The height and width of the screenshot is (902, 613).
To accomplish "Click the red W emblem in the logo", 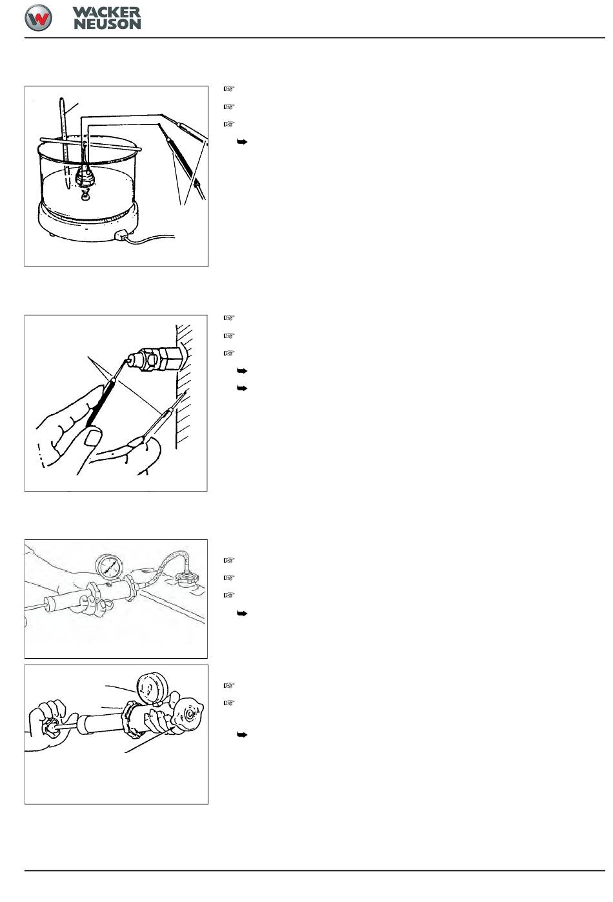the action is [38, 18].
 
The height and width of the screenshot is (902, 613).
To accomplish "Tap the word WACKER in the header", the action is [106, 12].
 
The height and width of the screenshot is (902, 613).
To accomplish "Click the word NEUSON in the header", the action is [107, 24].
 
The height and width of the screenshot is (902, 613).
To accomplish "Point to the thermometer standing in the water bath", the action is [65, 143].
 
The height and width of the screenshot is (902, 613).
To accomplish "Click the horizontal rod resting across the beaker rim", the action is [90, 144].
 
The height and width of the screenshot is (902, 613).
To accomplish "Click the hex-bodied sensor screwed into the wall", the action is [154, 357].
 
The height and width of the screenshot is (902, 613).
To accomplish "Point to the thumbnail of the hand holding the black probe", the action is [93, 437].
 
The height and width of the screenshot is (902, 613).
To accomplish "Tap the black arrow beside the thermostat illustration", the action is [242, 142].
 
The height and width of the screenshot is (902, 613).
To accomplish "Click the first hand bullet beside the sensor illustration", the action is [229, 317].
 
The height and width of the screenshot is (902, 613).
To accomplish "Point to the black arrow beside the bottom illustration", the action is [242, 735].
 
